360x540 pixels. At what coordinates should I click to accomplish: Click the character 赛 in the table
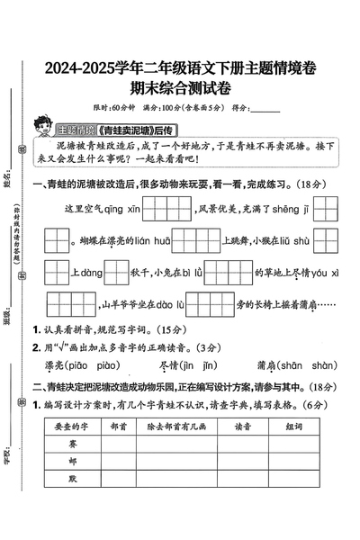(71, 444)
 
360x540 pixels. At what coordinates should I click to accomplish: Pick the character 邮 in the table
(71, 462)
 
